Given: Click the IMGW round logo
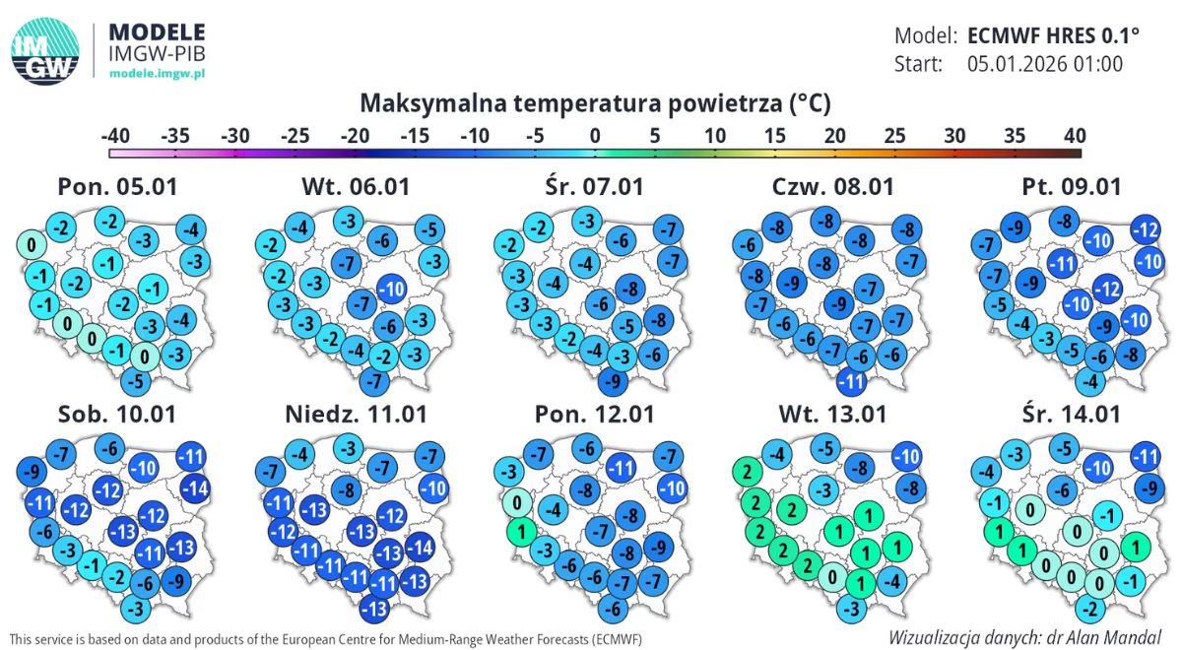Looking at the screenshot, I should (x=45, y=52).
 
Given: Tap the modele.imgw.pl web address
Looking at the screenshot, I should (x=158, y=74).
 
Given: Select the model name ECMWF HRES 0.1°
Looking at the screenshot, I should (x=1053, y=36).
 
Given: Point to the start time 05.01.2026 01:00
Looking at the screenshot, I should (x=1045, y=65).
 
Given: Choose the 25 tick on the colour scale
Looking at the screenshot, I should (x=894, y=135).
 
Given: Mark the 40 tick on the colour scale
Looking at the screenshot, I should (x=1075, y=135).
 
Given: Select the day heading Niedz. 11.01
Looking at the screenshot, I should (x=354, y=414).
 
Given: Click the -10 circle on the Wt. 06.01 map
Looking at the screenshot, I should (x=392, y=290).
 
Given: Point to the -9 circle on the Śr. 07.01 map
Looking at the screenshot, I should (x=614, y=381).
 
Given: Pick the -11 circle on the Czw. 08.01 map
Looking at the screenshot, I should (x=852, y=380).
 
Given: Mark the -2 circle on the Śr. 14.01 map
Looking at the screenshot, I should (x=1086, y=606).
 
